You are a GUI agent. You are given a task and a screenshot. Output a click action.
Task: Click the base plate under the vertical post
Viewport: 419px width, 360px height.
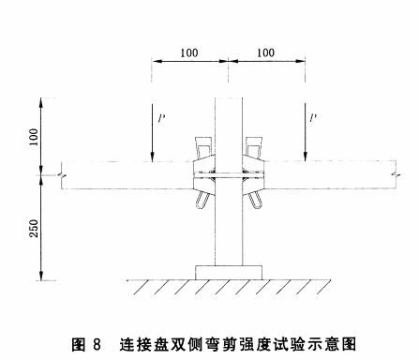click(x=228, y=273)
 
